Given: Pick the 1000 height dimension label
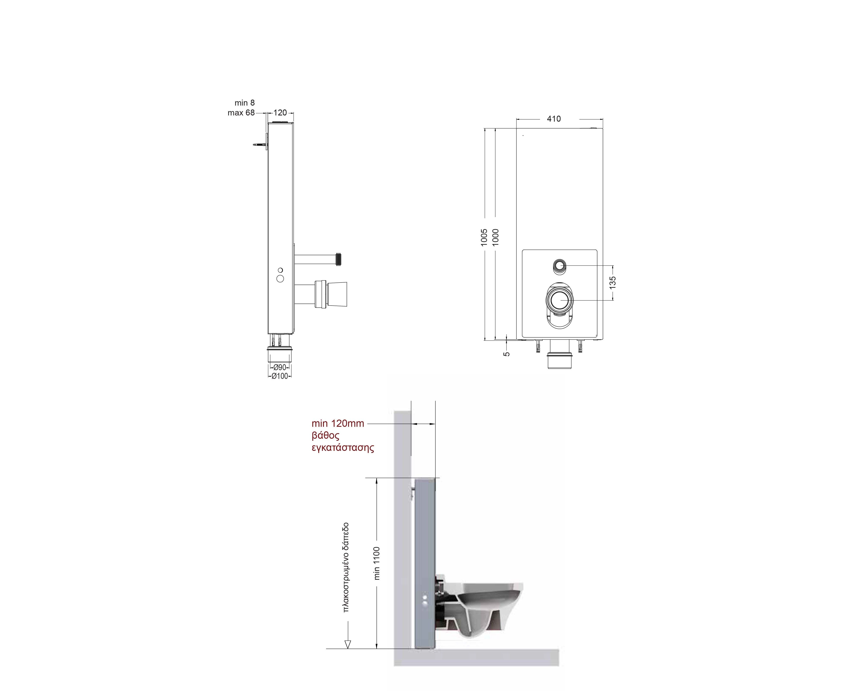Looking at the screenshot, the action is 495,237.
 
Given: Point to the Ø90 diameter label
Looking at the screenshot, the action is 280,367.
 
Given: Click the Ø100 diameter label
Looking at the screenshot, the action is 280,376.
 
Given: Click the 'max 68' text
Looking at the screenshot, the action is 241,113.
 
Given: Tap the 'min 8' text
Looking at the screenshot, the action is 245,103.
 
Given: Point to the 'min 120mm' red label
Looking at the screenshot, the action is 338,423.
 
